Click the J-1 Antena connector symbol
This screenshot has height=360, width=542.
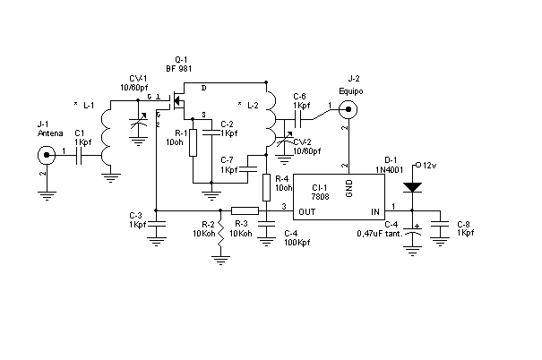coord(47,155)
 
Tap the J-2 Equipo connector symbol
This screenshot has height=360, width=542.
coord(348,109)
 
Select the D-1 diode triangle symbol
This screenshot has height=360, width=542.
coord(412,187)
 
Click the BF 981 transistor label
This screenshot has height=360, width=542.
coord(178,68)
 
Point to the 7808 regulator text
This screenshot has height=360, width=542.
coord(320,197)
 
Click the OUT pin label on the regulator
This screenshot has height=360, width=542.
coord(307,211)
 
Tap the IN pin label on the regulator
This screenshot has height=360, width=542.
coord(375,211)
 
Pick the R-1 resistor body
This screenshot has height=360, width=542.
coord(194,142)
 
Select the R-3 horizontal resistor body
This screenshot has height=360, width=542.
coord(245,210)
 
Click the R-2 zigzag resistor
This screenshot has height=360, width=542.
coord(220,233)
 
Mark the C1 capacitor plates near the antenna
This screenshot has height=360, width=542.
coord(79,156)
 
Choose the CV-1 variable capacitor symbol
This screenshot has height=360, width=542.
coord(138,122)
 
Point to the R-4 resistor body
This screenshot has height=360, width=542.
coord(266,187)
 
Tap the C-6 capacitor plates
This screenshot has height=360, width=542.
coord(298,119)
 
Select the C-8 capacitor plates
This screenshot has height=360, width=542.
coord(440,224)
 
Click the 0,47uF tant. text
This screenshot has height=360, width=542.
coord(380,234)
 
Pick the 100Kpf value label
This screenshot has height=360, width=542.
coord(297,243)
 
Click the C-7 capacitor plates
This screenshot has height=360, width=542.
coord(248,168)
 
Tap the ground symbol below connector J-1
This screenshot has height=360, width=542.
coord(47,196)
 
